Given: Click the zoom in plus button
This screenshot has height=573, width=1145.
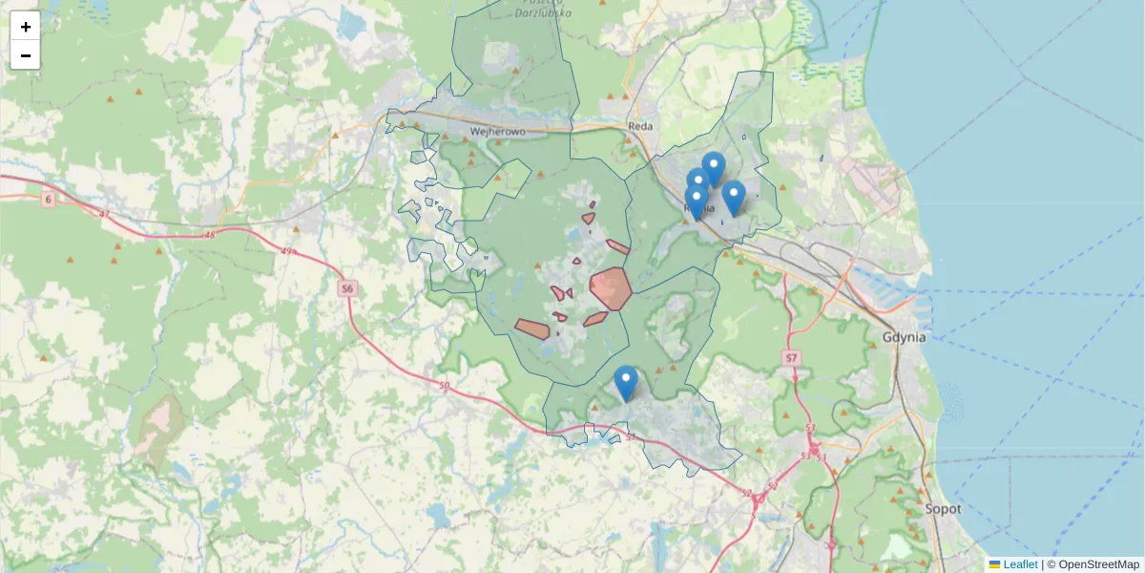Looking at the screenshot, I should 26,27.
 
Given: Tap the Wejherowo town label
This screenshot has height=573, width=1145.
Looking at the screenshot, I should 500,132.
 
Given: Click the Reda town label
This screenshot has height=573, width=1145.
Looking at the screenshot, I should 639,126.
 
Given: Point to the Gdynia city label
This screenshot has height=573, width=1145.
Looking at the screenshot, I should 905,337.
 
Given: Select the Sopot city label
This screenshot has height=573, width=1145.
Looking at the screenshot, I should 942,509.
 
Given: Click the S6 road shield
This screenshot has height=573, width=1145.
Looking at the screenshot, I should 347,287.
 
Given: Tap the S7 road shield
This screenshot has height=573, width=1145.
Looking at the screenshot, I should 790,357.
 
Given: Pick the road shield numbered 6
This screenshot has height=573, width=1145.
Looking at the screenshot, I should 48,199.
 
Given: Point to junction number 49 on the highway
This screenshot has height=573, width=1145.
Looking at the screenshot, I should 287,251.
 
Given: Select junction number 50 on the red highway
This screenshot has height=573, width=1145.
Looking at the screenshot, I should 444,385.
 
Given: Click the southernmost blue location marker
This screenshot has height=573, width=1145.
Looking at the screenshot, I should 626,383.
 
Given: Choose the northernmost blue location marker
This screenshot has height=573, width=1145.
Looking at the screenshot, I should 713,169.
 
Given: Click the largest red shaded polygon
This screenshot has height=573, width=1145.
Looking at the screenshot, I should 610,288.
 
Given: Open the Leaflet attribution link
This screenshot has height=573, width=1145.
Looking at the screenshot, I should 1020,564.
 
